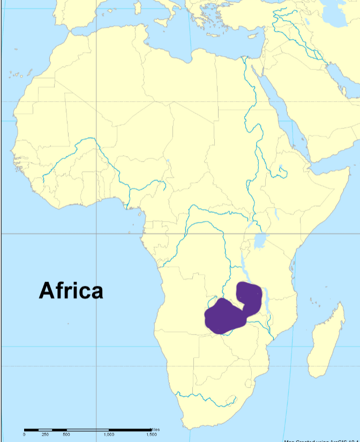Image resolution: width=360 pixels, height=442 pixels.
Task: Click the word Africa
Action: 71,291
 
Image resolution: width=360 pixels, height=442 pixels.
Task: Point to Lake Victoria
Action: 262,241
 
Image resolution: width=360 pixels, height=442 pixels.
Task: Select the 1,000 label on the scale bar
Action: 109,435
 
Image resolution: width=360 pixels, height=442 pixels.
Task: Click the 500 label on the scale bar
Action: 66,435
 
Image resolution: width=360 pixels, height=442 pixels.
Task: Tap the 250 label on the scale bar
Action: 46,435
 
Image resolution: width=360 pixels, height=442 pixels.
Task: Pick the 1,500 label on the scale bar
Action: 151,435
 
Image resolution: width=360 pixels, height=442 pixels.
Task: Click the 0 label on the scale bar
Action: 24,435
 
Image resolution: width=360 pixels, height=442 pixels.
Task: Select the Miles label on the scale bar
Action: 155,429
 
